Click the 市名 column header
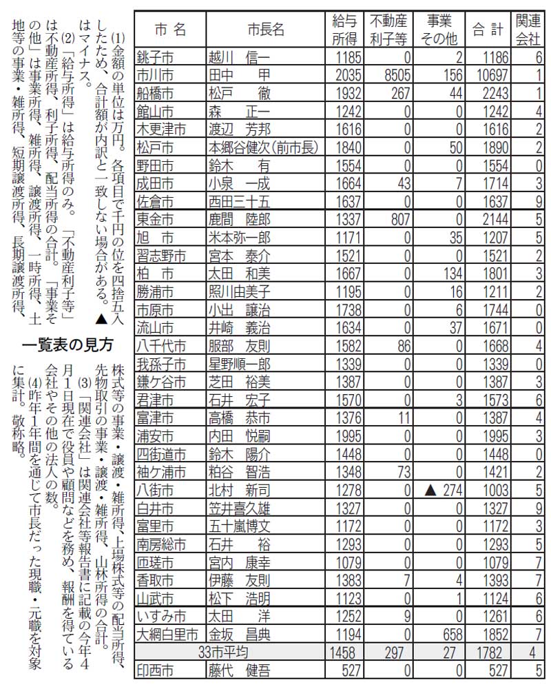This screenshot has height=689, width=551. pyautogui.click(x=169, y=30)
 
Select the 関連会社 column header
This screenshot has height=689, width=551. pyautogui.click(x=529, y=30)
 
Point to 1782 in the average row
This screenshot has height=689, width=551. pyautogui.click(x=492, y=650)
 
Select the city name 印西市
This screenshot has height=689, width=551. pyautogui.click(x=158, y=668)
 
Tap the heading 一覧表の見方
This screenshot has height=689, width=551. pyautogui.click(x=69, y=342)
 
